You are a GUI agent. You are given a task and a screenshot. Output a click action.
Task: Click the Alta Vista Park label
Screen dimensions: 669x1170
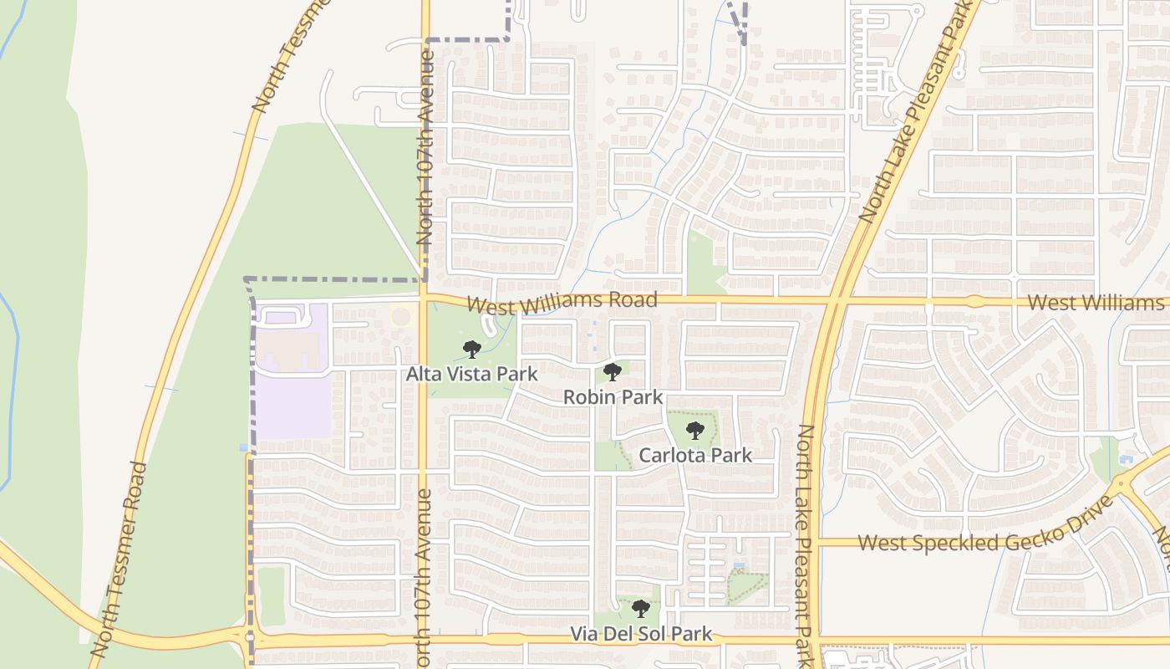[472, 374]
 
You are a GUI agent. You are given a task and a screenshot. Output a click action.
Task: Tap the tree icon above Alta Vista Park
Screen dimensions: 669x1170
[472, 350]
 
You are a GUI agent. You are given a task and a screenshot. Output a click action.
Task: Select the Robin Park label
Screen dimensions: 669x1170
[613, 397]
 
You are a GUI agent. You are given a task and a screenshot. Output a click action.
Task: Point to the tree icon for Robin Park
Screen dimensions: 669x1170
[613, 372]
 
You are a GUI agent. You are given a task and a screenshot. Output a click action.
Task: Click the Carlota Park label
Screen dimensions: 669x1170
[695, 456]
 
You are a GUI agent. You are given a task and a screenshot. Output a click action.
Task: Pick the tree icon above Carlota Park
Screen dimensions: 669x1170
[694, 432]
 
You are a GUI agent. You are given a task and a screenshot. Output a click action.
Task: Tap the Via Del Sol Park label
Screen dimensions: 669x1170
[641, 634]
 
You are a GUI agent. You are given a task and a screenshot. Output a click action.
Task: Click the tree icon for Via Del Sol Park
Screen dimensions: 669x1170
[641, 609]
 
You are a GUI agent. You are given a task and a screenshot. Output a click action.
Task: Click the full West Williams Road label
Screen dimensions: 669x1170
[562, 302]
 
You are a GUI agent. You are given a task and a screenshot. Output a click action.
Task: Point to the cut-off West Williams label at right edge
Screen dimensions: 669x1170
[1096, 303]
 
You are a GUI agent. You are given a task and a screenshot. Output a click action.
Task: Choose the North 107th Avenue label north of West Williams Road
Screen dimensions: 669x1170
[425, 147]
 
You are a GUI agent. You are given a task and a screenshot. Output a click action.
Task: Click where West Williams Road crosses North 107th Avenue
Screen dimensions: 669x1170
[425, 294]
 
